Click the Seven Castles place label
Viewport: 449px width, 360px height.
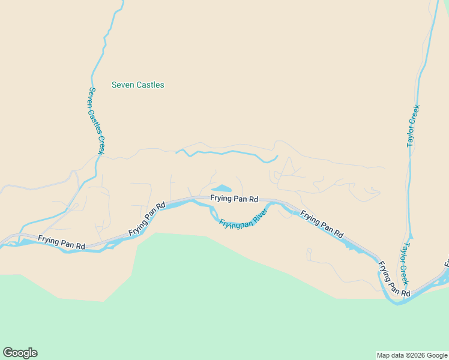tap(137, 85)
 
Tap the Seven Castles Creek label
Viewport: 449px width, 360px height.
tap(97, 121)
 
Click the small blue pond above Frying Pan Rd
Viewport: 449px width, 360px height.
tap(221, 188)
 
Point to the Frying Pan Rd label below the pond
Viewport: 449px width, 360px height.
tap(234, 199)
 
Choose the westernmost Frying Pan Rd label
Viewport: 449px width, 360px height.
tap(61, 242)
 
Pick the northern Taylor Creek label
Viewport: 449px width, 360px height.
tap(413, 126)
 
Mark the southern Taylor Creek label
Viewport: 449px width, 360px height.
tap(405, 263)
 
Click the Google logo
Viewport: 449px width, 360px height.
tap(20, 353)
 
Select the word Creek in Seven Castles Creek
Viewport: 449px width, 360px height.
tap(100, 142)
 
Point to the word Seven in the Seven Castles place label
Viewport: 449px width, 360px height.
tap(123, 85)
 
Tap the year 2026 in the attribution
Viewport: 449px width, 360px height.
tap(418, 355)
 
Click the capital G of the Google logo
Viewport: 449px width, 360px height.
tap(8, 353)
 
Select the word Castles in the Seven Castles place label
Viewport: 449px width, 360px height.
tap(150, 85)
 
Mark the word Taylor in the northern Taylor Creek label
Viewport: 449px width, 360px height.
tap(412, 136)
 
